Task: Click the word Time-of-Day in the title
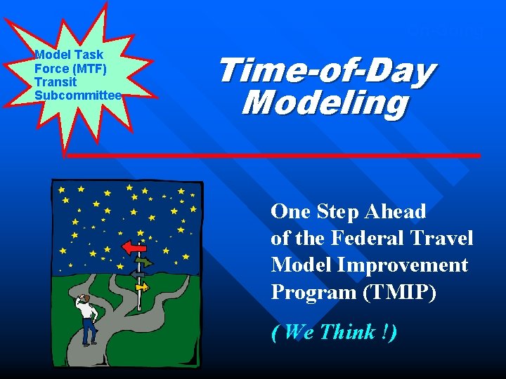326,72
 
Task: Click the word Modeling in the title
324,103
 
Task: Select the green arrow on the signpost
144,262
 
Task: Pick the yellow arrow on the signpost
143,286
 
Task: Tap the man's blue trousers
89,331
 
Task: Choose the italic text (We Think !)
334,332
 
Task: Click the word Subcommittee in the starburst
78,95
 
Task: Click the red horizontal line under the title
274,154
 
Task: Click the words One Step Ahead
349,211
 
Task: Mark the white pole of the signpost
139,298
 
